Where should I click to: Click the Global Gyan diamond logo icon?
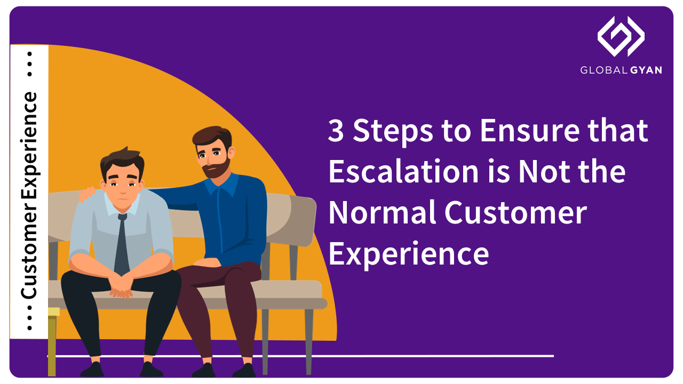pos(621,36)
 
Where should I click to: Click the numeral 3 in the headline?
pos(336,131)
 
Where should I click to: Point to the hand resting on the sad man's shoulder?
pos(87,194)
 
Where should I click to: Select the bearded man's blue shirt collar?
pos(221,185)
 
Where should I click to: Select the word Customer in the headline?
pos(515,212)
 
